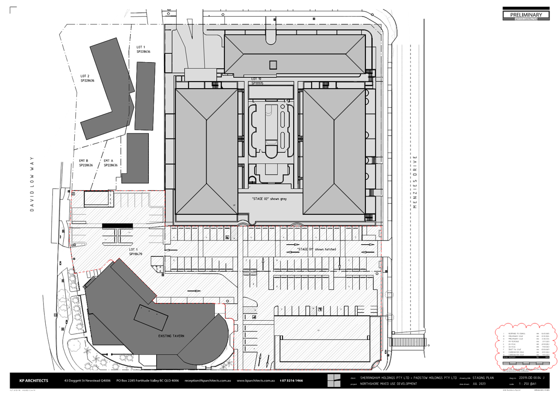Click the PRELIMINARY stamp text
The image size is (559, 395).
[526, 15]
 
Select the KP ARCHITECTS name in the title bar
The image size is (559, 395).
[34, 381]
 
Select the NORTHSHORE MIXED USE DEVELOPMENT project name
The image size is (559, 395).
[388, 384]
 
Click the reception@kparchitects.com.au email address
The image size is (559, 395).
[207, 381]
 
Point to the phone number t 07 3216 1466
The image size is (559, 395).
[291, 381]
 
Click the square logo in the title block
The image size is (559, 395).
[334, 380]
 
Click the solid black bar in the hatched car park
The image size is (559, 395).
[117, 226]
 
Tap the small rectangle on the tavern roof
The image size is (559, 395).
[151, 318]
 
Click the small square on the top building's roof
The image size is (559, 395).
[273, 65]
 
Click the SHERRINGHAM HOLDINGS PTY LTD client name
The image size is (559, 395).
[385, 378]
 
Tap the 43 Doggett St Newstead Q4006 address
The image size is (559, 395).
[87, 381]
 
